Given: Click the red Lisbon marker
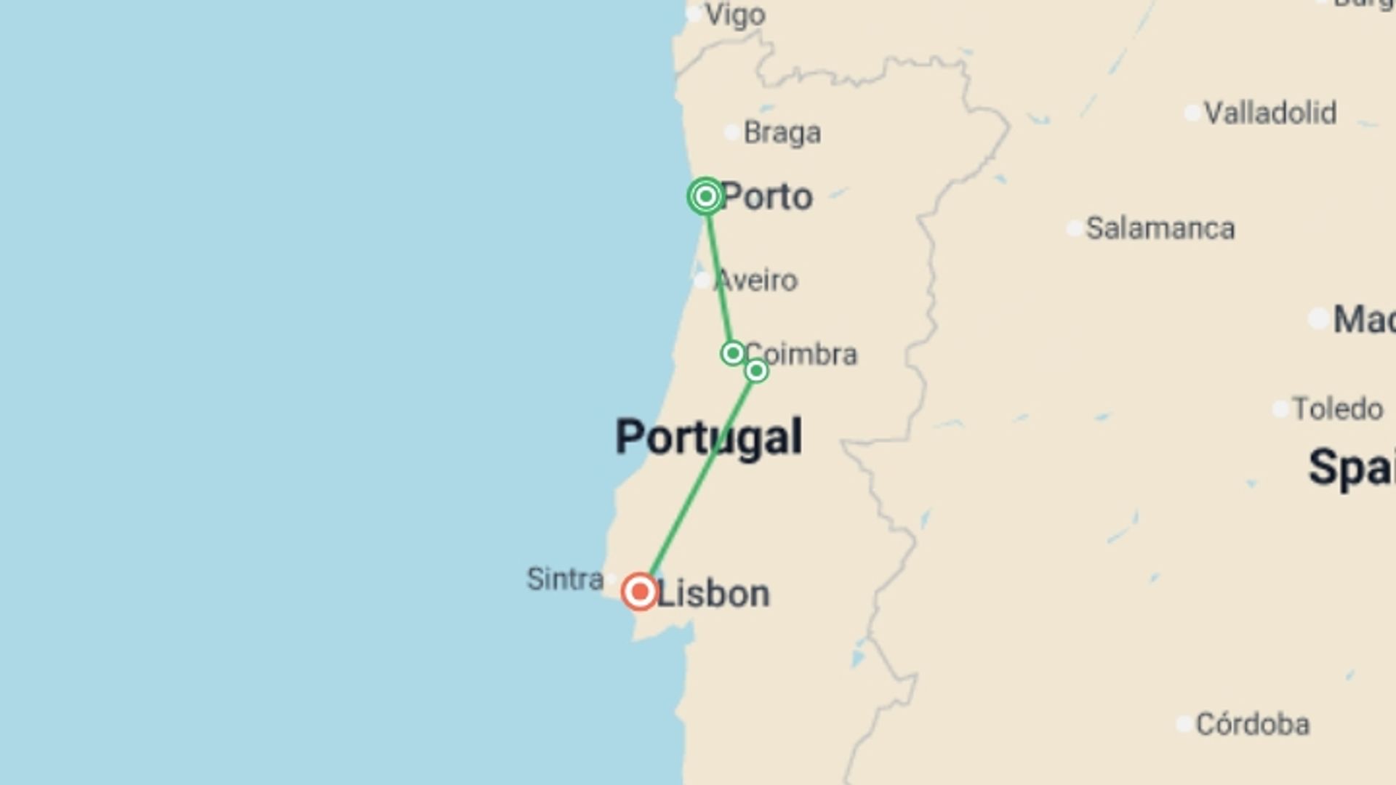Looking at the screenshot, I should pyautogui.click(x=640, y=592).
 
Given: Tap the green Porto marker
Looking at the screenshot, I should pyautogui.click(x=705, y=196).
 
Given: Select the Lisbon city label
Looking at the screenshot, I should pyautogui.click(x=713, y=594).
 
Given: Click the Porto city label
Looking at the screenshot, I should pyautogui.click(x=767, y=197).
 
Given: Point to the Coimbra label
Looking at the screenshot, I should pyautogui.click(x=801, y=355).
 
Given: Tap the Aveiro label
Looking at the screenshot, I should pyautogui.click(x=756, y=281).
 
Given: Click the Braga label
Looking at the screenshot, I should pyautogui.click(x=782, y=133).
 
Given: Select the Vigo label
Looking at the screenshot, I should pyautogui.click(x=735, y=15).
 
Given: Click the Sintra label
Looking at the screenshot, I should pyautogui.click(x=565, y=579).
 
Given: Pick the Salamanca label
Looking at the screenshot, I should pyautogui.click(x=1160, y=229).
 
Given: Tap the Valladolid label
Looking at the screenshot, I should pyautogui.click(x=1269, y=113).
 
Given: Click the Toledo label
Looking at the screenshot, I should pyautogui.click(x=1337, y=409).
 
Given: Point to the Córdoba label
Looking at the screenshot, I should pyautogui.click(x=1252, y=725).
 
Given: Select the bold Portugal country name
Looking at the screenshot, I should pyautogui.click(x=709, y=437).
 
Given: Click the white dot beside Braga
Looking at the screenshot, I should pyautogui.click(x=732, y=132).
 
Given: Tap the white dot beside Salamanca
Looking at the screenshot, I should pyautogui.click(x=1075, y=229).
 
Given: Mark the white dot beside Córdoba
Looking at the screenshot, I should pyautogui.click(x=1184, y=724).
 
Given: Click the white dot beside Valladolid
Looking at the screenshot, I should pyautogui.click(x=1192, y=113).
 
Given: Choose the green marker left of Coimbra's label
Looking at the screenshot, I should pyautogui.click(x=732, y=353).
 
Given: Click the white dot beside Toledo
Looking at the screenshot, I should pyautogui.click(x=1280, y=409).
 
